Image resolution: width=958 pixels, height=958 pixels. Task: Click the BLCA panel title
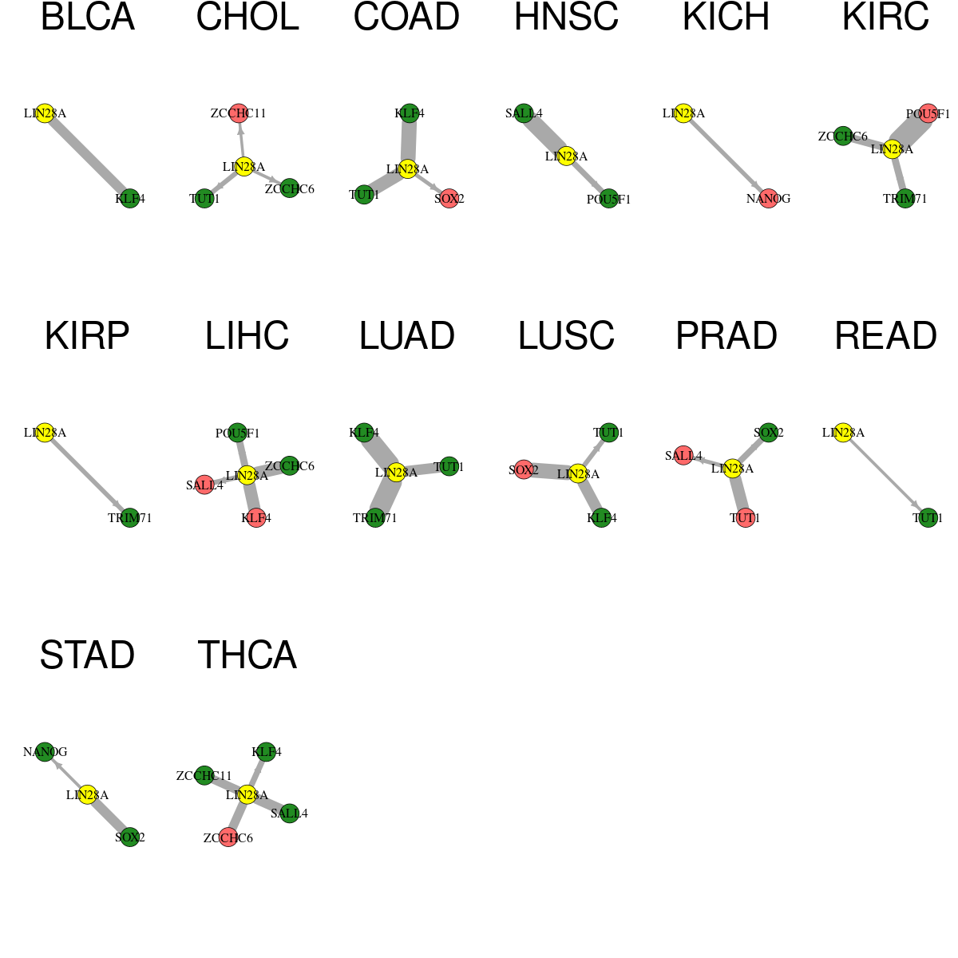click(88, 17)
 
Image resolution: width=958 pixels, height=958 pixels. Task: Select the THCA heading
click(247, 655)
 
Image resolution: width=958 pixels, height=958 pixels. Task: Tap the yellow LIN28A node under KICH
click(683, 113)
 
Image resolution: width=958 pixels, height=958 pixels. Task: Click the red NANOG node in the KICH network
click(769, 198)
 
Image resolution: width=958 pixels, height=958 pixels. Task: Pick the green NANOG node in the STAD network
click(45, 751)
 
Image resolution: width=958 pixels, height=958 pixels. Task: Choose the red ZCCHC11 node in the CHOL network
click(239, 113)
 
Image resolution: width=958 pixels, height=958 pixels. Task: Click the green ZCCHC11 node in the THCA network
click(204, 775)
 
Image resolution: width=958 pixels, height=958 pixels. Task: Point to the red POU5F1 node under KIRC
click(928, 113)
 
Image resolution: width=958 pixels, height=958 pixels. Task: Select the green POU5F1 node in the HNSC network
click(609, 198)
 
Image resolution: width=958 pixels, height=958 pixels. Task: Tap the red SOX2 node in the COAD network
click(449, 198)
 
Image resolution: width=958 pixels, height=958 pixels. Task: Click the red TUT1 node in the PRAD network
click(745, 517)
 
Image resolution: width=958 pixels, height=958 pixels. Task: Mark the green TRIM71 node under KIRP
click(130, 517)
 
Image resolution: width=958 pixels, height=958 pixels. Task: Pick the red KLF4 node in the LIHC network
click(256, 517)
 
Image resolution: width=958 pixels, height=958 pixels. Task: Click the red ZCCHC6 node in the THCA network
click(228, 837)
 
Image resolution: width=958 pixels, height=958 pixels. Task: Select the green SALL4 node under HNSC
click(524, 113)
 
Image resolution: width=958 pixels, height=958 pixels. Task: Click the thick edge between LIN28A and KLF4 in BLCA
click(88, 156)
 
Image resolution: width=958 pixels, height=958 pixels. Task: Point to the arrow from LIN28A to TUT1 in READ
click(885, 475)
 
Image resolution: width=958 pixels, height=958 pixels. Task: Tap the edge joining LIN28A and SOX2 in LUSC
click(551, 471)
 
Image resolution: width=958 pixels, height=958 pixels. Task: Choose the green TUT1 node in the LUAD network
click(449, 466)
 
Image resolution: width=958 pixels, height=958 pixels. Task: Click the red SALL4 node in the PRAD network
click(683, 455)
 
